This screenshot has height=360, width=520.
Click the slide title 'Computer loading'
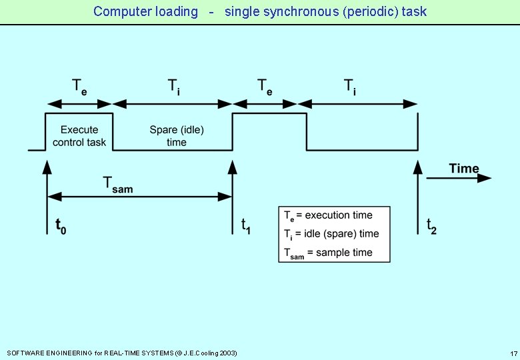[x=145, y=11]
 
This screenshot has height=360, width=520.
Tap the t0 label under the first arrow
[x=60, y=227]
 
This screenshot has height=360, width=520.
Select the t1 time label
[x=246, y=226]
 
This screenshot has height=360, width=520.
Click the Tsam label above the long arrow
[x=117, y=184]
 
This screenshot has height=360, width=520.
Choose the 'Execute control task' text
[x=79, y=136]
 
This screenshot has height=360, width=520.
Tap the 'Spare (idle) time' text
[x=177, y=136]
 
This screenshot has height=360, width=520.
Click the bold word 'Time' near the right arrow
[x=464, y=169]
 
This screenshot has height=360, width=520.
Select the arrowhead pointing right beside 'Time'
[x=485, y=178]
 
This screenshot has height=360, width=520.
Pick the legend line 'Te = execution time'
[x=328, y=215]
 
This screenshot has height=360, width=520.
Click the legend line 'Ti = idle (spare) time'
[x=331, y=234]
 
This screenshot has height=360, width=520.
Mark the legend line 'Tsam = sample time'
[x=328, y=253]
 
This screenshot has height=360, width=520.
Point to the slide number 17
[x=513, y=353]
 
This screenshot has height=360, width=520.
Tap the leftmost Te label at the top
[x=79, y=87]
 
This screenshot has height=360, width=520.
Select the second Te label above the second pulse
[x=265, y=87]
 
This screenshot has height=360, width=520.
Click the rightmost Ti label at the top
[x=350, y=87]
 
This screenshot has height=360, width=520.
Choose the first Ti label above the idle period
[x=173, y=87]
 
